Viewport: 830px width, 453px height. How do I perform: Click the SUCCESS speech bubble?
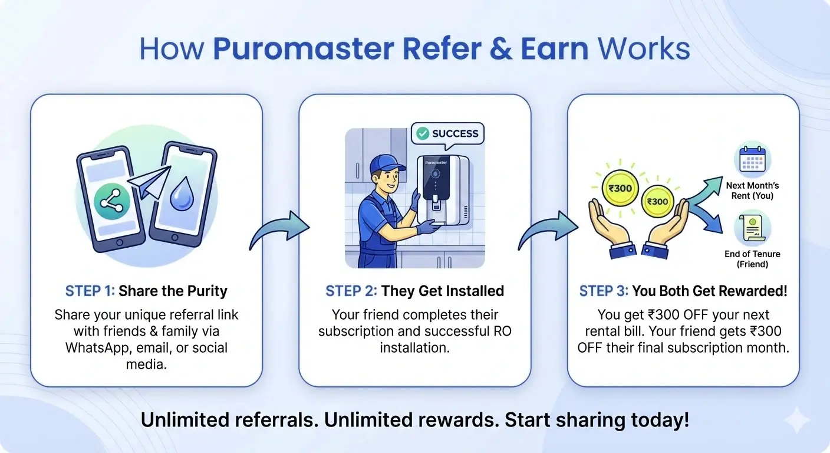[x=447, y=134]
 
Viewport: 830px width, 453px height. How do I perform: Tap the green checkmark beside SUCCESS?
[x=422, y=134]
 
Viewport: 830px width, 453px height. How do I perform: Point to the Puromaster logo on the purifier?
[x=434, y=161]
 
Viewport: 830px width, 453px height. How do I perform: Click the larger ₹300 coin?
[x=619, y=189]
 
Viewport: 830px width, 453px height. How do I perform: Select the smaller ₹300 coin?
[x=657, y=201]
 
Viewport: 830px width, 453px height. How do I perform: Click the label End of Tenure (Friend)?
[x=752, y=259]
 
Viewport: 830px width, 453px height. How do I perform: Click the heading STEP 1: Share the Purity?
[x=146, y=291]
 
